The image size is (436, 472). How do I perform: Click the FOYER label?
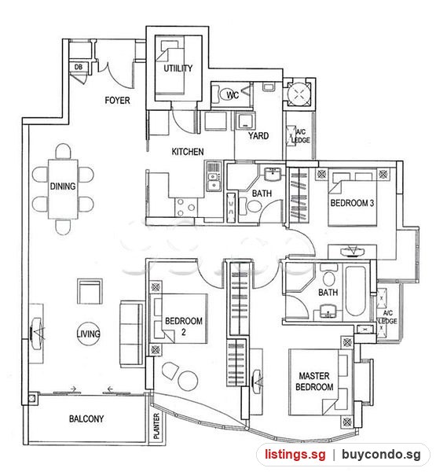(117, 100)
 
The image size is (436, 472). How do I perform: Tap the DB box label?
(79, 67)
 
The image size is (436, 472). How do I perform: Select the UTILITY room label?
(178, 68)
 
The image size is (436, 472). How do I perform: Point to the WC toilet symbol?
(229, 95)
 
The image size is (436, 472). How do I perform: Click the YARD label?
(258, 136)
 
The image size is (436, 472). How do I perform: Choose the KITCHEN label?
(188, 152)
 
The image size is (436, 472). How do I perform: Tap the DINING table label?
(63, 186)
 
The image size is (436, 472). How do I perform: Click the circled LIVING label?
(89, 334)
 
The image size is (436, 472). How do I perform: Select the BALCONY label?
(86, 419)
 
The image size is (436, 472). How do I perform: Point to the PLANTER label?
(156, 426)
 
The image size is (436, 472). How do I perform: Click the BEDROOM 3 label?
(352, 203)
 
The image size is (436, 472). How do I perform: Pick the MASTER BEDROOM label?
(314, 382)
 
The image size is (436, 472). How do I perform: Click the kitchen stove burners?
(186, 207)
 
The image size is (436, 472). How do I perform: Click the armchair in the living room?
(90, 291)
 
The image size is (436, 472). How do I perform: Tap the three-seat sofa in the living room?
(131, 334)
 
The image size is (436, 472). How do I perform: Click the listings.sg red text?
(295, 454)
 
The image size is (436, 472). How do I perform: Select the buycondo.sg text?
(381, 455)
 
